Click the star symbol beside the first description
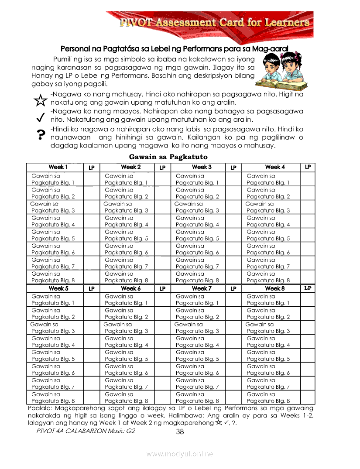tap(40, 101)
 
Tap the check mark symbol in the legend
tap(40, 117)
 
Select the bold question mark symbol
tap(41, 135)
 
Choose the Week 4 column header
tap(275, 167)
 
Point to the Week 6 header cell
tap(130, 288)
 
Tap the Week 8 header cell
tap(275, 288)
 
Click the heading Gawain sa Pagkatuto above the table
tap(168, 157)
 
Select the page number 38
tap(180, 432)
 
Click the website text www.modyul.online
tap(180, 454)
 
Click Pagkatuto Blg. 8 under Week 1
tap(53, 281)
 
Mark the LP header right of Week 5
tap(92, 289)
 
